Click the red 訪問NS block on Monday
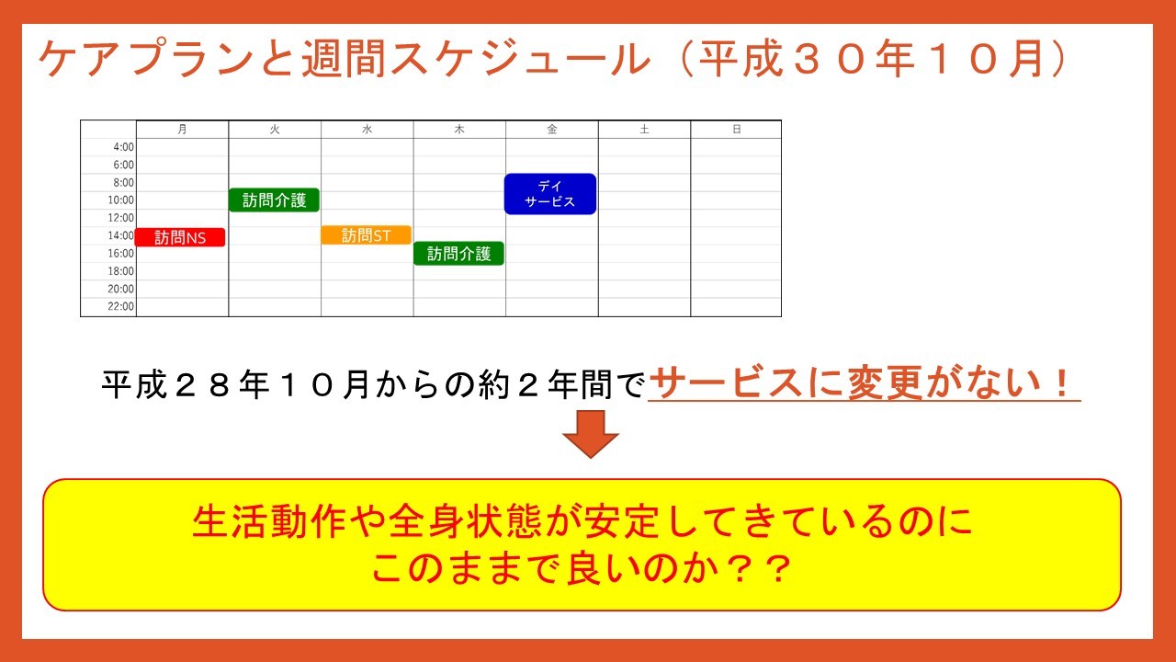(180, 237)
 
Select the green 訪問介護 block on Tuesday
(274, 200)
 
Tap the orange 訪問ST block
(366, 234)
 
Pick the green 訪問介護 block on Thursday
(458, 254)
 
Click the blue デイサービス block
(550, 194)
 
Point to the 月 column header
(182, 130)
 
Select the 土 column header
(644, 130)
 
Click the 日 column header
(737, 130)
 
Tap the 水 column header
(367, 130)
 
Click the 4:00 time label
(124, 147)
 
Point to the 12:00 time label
(120, 218)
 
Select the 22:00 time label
(120, 306)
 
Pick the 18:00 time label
(120, 271)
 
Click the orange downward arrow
(591, 434)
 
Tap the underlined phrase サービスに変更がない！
(864, 383)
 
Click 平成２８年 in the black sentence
(186, 384)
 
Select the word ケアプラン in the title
(146, 58)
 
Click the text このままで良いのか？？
(582, 568)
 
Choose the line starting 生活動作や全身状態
(582, 521)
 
